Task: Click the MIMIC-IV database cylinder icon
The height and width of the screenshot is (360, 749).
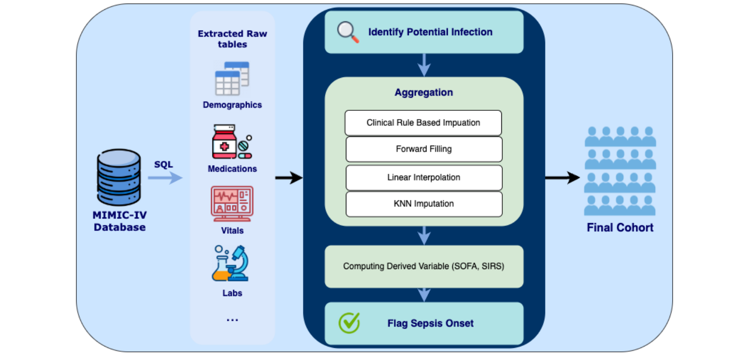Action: [119, 177]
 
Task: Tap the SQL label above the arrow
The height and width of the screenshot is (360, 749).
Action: [164, 165]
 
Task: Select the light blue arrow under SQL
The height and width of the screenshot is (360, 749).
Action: [165, 178]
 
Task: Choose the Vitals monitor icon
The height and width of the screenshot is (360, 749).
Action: [232, 204]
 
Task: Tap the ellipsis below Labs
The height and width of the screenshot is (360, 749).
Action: [232, 320]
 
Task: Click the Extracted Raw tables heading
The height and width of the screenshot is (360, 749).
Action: [232, 39]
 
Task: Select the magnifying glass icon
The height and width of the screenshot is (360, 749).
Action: [348, 32]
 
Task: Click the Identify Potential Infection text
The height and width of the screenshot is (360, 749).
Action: [430, 32]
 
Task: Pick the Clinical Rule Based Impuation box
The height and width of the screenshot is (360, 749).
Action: [423, 123]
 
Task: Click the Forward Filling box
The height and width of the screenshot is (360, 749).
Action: [423, 149]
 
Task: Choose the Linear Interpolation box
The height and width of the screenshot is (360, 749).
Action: [423, 178]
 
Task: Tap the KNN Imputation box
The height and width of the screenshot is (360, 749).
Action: [423, 204]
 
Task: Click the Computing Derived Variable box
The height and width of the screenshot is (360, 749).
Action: [423, 266]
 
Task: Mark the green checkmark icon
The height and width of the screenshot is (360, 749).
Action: [349, 323]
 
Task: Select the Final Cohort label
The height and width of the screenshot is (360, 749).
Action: [620, 227]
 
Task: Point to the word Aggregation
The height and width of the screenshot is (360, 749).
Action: [423, 92]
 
